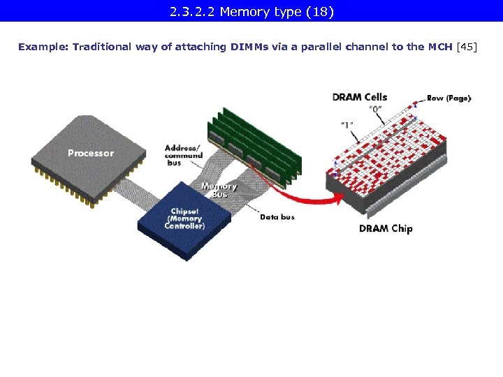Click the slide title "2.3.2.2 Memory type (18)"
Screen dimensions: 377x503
(x=251, y=11)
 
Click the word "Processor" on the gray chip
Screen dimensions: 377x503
(x=91, y=153)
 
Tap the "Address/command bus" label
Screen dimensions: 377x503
(x=183, y=155)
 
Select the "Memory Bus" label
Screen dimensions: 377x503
(x=219, y=190)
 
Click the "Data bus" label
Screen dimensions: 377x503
(x=277, y=217)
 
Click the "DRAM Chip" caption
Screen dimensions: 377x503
(x=386, y=228)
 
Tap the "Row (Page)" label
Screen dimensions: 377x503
(x=449, y=98)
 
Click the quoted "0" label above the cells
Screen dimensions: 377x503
(x=375, y=110)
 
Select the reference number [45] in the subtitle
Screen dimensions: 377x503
(x=466, y=47)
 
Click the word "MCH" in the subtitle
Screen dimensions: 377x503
(x=439, y=47)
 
